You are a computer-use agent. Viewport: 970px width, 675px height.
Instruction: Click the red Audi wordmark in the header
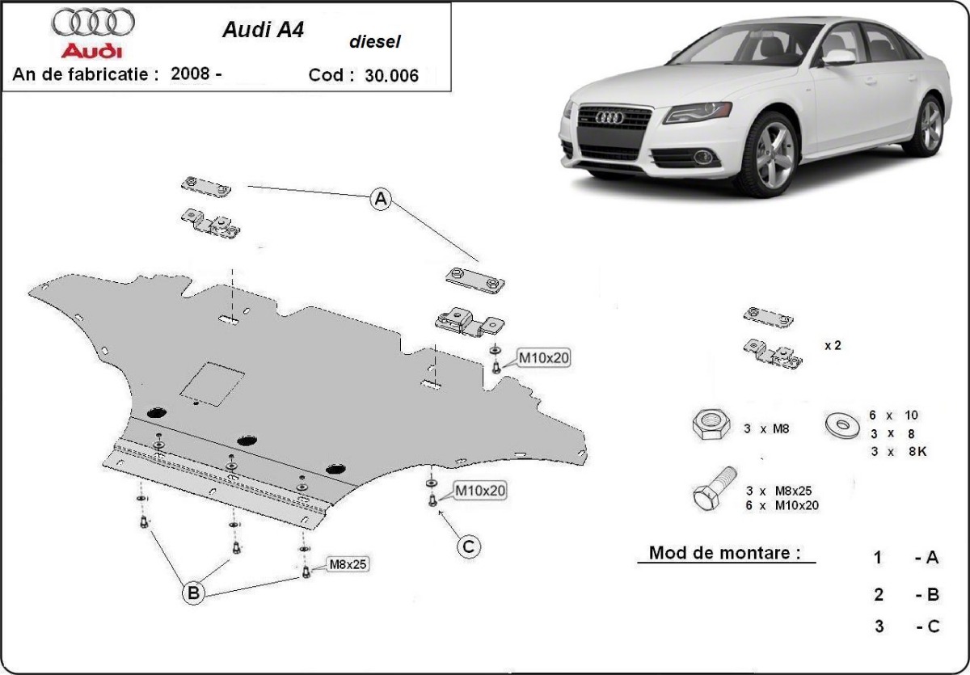(x=94, y=51)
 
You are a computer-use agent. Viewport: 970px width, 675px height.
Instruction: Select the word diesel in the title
(x=374, y=42)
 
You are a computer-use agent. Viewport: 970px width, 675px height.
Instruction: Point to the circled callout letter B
(x=193, y=593)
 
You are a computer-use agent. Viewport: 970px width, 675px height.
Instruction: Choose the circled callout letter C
(x=468, y=547)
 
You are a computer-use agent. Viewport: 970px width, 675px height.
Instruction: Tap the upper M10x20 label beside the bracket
(x=543, y=357)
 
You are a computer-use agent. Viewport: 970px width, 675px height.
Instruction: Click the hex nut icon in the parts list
(x=711, y=424)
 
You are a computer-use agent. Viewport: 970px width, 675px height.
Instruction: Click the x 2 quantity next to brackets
(x=833, y=345)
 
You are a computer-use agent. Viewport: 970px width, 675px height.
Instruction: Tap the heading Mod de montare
(x=725, y=553)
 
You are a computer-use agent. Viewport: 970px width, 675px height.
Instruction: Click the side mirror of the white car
(x=838, y=57)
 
